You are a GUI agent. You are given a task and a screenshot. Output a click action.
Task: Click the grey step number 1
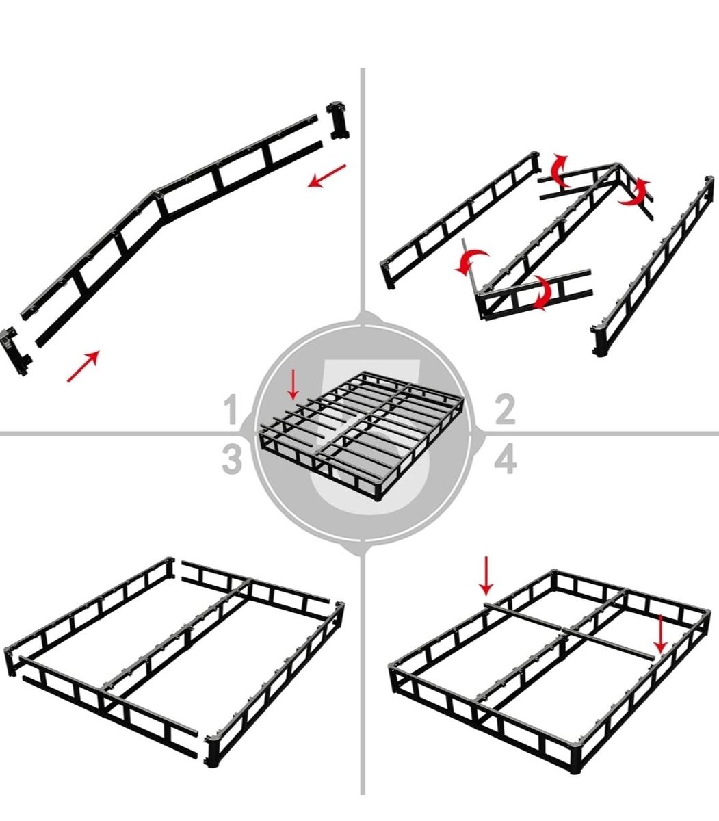(x=231, y=409)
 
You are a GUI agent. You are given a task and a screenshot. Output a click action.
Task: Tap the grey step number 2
(x=505, y=409)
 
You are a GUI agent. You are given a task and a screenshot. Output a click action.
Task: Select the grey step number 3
(x=232, y=460)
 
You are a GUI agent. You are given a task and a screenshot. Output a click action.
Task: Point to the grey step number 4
(x=505, y=460)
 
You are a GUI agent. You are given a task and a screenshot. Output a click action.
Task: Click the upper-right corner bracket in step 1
(x=338, y=120)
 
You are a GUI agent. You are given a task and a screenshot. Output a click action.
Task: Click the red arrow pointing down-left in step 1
(x=326, y=176)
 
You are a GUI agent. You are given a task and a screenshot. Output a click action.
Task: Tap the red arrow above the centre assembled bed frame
(x=293, y=385)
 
